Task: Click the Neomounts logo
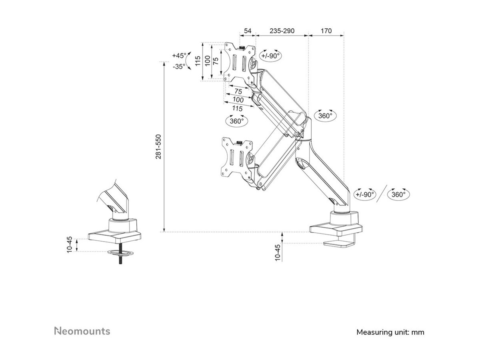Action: pos(82,331)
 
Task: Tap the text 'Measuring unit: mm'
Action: pos(390,332)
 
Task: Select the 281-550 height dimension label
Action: pos(158,147)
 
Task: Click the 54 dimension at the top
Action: pos(248,31)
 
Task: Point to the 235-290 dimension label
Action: pos(282,31)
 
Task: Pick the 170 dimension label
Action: pos(326,31)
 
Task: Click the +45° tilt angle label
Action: pos(179,56)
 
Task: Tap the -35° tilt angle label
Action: pos(179,66)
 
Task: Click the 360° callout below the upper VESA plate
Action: pos(237,121)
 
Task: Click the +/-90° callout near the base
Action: pos(365,194)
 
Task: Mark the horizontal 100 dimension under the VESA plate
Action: pos(238,100)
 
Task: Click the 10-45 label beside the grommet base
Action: pos(70,245)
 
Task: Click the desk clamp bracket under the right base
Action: pos(340,242)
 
